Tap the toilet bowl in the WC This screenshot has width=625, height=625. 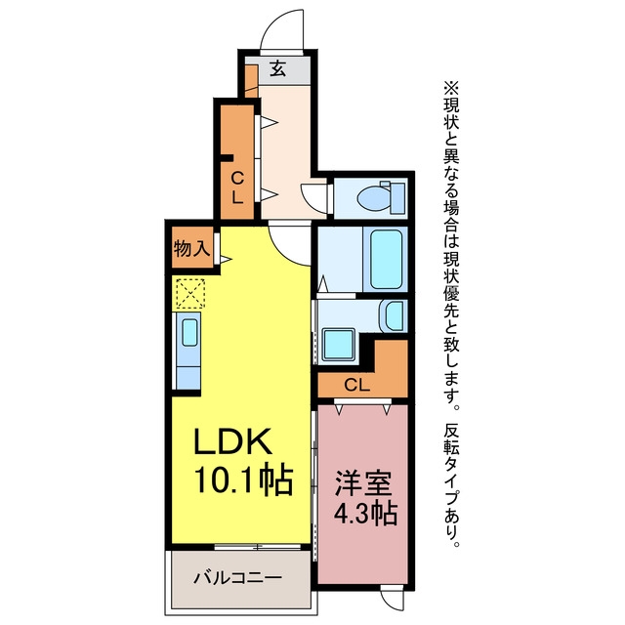pos(374,197)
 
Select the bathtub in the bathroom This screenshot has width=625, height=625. pos(386,259)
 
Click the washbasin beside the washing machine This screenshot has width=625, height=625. pos(394,316)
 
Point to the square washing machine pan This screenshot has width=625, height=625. pos(339,345)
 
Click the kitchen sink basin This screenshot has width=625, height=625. pos(189,332)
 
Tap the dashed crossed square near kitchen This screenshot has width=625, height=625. pos(190,293)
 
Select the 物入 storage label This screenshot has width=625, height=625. pos(191,249)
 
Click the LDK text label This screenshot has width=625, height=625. pos(233,441)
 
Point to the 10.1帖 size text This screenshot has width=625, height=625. pos(244,479)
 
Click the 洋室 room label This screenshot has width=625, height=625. pos(363,483)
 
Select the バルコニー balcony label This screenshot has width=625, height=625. pos(237,577)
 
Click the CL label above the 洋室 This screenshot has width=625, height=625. pos(356,386)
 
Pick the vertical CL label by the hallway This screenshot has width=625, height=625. pos(237,187)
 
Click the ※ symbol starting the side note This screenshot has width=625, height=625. pos(451,88)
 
